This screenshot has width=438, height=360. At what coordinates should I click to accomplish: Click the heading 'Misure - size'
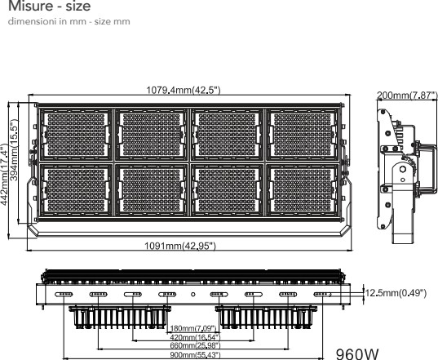point(50,6)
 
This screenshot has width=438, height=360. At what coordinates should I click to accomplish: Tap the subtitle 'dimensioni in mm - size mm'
point(69,21)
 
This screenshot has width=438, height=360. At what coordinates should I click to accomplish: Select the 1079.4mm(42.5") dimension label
point(184,91)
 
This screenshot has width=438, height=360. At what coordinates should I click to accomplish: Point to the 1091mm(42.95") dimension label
point(180,246)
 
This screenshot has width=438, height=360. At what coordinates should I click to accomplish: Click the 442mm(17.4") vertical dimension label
point(4,175)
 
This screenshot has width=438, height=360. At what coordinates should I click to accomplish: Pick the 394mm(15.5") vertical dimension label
point(14,150)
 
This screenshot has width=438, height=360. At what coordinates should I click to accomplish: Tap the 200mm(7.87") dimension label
point(407,96)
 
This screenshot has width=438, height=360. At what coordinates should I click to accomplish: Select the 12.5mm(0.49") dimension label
point(396,293)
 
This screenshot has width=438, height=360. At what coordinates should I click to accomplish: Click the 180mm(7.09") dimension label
point(193,328)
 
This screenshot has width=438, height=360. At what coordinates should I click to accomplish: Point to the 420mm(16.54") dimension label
point(195,337)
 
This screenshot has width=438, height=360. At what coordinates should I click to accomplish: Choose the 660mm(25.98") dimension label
point(195,346)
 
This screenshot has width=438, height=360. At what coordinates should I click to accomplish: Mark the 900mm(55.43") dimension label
point(195,355)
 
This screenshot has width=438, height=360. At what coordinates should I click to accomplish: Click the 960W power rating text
point(357,353)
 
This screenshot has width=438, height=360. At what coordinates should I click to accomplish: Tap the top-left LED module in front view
point(76,135)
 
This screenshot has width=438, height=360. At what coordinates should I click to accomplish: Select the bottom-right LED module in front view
point(303,190)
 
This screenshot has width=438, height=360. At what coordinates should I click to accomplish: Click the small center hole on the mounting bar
point(193,295)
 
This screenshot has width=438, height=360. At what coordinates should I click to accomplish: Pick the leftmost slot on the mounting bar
point(64,295)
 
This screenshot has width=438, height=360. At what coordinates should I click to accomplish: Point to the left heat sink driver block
point(120,318)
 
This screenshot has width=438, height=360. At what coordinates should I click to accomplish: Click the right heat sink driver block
point(266,318)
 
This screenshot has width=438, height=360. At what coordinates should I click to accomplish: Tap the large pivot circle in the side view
point(403,169)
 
